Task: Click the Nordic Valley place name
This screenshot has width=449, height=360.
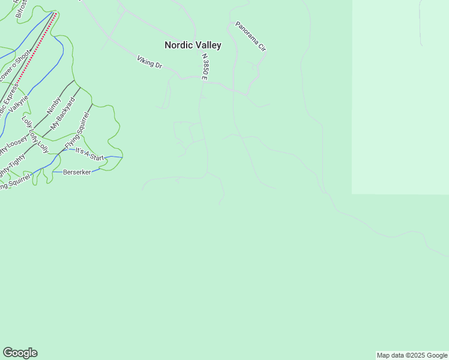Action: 193,45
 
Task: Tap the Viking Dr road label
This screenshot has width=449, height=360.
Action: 149,62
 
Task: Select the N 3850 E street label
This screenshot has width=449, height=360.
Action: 205,67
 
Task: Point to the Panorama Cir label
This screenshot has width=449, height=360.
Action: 250,36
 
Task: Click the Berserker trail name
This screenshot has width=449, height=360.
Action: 77,172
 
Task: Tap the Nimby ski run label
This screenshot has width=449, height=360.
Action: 54,105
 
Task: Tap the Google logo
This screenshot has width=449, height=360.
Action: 20,353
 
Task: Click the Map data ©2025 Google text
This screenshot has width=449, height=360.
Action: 412,355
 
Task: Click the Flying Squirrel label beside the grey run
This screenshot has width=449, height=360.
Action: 77,133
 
